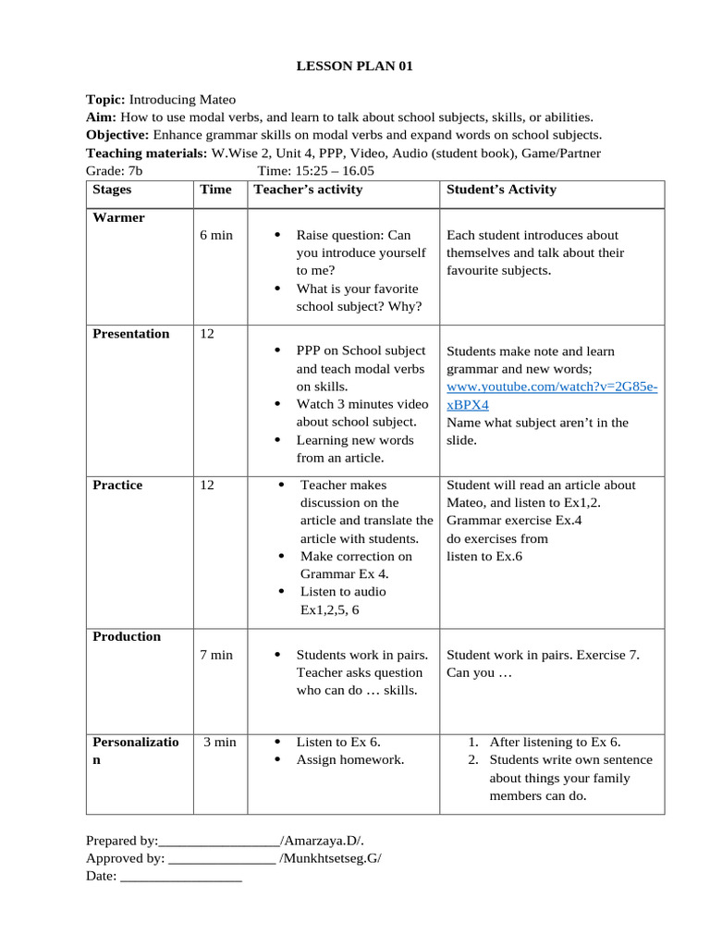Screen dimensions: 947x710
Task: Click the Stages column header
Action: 112,190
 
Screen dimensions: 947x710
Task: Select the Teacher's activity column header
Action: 308,190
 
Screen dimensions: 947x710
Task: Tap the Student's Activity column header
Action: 501,190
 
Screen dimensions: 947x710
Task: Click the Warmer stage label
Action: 118,217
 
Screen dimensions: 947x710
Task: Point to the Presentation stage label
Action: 131,334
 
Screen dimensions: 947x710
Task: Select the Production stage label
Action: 127,636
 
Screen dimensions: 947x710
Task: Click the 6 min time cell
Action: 216,235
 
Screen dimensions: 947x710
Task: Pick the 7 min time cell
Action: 216,655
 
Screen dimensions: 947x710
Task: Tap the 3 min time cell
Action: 220,742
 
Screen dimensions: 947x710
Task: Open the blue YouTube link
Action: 552,387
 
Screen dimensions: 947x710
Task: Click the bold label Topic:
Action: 105,99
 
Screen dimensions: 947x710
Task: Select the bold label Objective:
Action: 115,135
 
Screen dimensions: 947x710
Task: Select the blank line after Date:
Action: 181,877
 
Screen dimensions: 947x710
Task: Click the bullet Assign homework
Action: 350,759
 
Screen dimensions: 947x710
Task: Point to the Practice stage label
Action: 117,485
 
